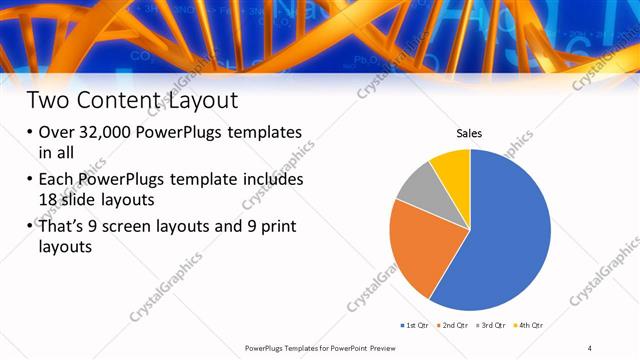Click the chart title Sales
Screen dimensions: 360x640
(x=470, y=132)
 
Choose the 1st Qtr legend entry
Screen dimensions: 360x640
(x=413, y=326)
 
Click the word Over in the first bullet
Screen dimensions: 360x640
(x=59, y=132)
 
